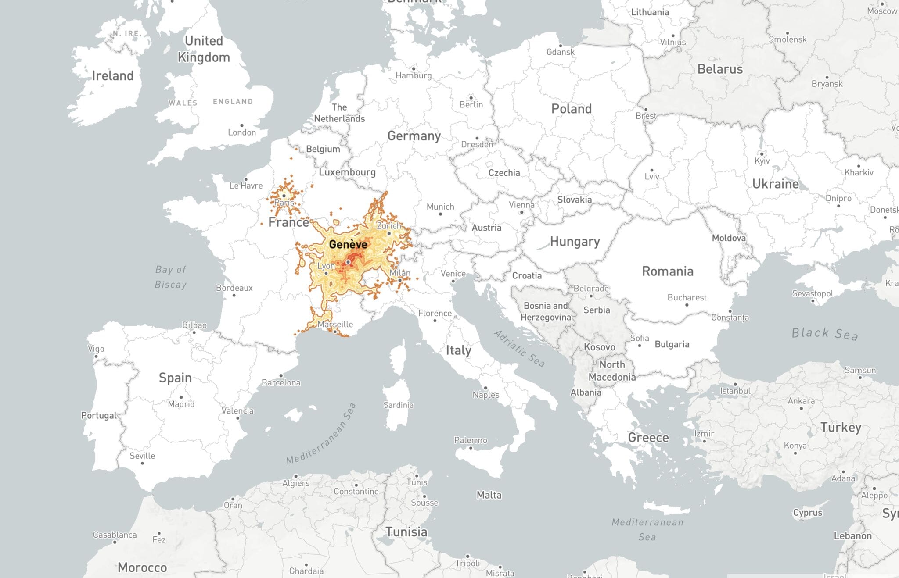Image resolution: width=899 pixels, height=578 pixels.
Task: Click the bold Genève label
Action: [348, 244]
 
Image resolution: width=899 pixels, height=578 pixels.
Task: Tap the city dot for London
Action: [241, 125]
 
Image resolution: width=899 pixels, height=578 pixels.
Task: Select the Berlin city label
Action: [471, 105]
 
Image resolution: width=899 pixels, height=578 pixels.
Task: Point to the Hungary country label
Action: [575, 242]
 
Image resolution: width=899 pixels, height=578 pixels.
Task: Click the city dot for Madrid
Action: [181, 397]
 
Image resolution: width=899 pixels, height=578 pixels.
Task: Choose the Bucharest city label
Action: [687, 297]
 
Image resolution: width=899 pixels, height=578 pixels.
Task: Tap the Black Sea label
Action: [824, 334]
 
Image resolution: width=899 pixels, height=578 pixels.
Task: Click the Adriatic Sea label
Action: [519, 348]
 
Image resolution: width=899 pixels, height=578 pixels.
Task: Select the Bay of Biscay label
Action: [171, 277]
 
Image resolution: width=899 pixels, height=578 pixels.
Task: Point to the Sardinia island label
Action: [398, 405]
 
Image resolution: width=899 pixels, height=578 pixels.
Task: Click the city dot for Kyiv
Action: [762, 154]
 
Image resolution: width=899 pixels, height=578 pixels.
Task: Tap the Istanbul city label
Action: [735, 391]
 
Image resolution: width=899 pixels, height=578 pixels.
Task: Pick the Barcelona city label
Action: [281, 382]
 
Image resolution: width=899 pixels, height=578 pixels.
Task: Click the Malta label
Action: [489, 495]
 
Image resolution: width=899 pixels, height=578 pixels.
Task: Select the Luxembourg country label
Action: [347, 172]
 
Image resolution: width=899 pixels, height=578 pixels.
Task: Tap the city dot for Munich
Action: [440, 214]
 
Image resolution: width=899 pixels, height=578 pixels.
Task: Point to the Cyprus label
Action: [807, 513]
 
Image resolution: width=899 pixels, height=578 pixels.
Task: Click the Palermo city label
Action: [470, 440]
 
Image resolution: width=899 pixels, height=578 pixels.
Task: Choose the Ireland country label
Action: [112, 76]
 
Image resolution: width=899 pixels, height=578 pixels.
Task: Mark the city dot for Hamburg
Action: [413, 69]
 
